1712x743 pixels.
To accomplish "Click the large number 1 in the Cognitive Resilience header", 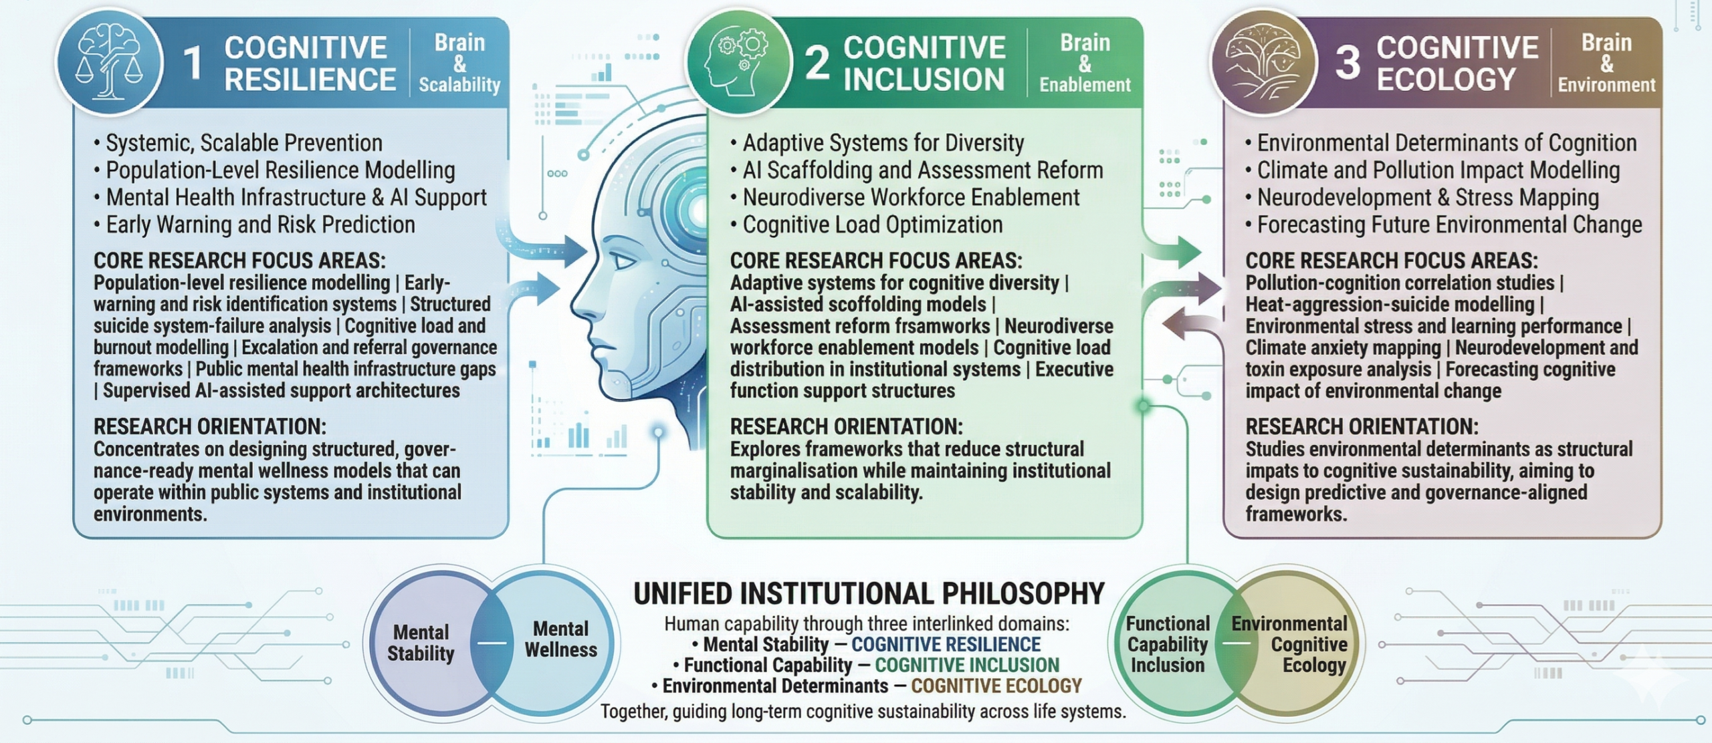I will tap(193, 64).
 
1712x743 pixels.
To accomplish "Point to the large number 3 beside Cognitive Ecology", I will tap(1347, 63).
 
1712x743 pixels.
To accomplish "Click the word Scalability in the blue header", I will tap(459, 85).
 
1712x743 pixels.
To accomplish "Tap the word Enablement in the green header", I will tap(1085, 85).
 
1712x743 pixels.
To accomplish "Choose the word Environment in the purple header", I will tap(1606, 85).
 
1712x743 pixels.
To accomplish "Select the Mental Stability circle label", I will tap(421, 643).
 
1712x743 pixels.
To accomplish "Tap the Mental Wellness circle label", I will tap(560, 639).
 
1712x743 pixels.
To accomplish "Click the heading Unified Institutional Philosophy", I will tap(869, 593).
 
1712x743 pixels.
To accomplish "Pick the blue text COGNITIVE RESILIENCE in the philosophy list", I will tap(946, 644).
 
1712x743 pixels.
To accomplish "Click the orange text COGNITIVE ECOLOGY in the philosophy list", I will tap(996, 686).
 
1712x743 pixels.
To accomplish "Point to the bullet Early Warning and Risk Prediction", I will tap(260, 225).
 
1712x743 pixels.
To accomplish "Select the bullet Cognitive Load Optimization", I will tap(872, 225).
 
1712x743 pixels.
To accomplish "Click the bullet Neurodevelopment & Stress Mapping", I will tap(1427, 198).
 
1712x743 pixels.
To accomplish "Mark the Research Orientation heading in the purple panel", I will tap(1362, 426).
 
